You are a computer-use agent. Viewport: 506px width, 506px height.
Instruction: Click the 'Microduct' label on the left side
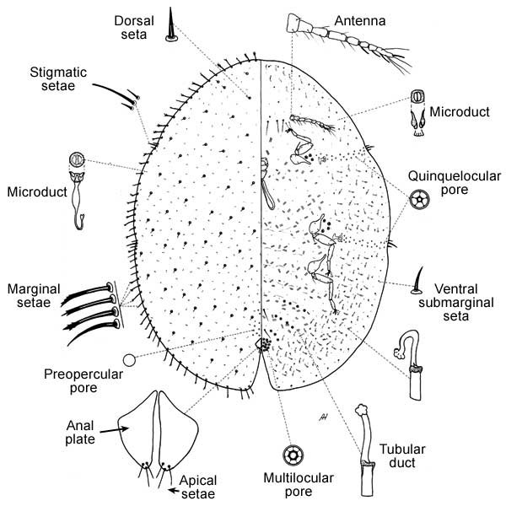(x=32, y=191)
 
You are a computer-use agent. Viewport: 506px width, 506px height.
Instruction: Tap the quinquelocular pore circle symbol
(x=418, y=199)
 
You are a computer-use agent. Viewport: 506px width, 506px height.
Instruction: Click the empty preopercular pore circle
(x=129, y=360)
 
